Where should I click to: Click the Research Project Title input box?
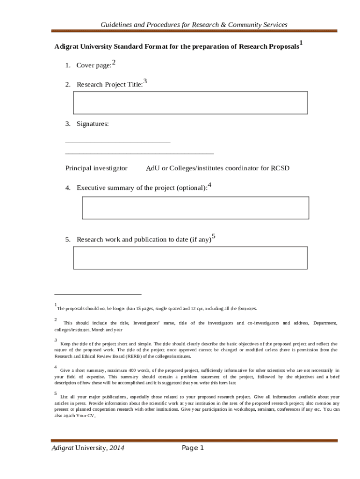(190, 102)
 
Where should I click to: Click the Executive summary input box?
(195, 208)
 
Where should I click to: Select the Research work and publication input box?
(190, 258)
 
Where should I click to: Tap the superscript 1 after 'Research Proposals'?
(301, 44)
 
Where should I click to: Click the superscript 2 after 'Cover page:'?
(114, 62)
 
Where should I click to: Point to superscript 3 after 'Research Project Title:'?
(145, 81)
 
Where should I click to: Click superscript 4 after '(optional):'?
(209, 185)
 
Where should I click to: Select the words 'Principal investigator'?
(96, 168)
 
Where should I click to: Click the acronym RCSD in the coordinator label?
(281, 168)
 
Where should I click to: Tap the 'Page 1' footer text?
(193, 449)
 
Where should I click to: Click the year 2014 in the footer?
(116, 449)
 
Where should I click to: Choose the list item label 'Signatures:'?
(93, 124)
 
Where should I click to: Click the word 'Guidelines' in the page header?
(119, 24)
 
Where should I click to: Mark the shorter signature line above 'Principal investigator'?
(118, 141)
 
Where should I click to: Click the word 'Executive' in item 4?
(91, 188)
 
